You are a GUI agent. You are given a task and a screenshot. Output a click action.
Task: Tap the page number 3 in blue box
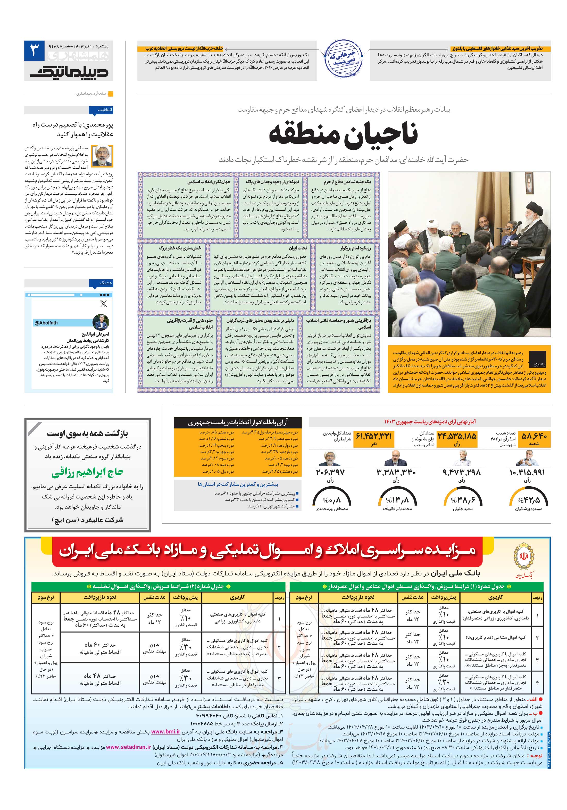34,51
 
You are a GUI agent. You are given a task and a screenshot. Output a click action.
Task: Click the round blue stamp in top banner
343,59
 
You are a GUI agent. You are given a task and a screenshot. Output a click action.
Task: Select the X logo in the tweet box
103,303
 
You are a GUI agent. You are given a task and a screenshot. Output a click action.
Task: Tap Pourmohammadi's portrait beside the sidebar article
102,156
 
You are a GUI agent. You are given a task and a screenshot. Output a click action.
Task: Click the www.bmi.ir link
165,732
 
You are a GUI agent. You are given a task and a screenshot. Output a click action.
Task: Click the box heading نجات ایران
297,248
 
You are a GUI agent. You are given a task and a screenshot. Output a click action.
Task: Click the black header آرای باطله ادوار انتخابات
237,422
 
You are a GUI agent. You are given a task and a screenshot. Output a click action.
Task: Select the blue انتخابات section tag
105,110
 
